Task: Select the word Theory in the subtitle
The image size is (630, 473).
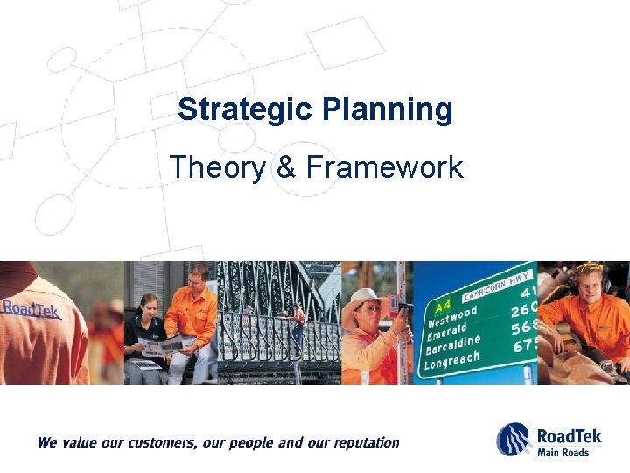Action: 218,166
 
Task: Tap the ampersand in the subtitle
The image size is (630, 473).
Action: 286,166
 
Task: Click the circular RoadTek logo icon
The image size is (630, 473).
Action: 514,439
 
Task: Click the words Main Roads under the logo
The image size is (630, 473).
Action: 563,452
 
